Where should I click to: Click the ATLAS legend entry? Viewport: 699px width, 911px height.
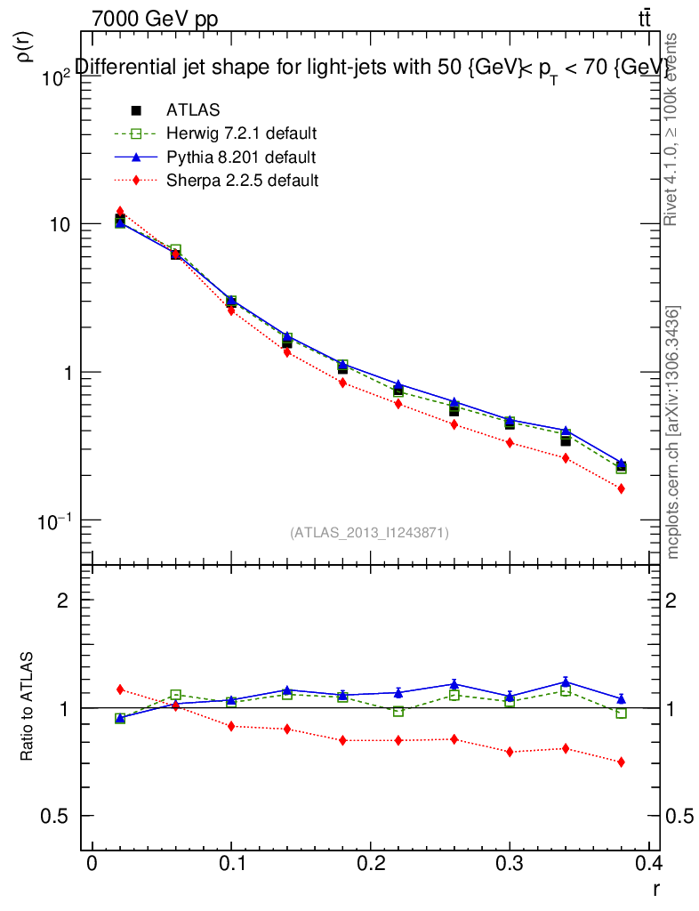coord(193,110)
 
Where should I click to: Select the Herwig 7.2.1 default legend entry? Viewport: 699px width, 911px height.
coord(241,134)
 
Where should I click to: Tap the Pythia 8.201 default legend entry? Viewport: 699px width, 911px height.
coord(240,157)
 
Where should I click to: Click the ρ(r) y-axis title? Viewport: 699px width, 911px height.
coord(24,46)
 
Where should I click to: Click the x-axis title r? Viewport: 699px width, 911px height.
coord(655,889)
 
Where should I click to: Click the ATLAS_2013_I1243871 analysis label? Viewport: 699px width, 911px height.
coord(369,533)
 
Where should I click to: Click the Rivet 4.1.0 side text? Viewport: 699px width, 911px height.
coord(674,128)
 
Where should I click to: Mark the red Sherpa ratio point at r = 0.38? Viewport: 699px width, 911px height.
coord(621,762)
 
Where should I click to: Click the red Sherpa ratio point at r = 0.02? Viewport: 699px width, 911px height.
coord(120,689)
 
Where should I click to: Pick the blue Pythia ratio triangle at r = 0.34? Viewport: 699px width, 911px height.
coord(566,682)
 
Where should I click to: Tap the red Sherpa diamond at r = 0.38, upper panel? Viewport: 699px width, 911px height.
coord(621,488)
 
